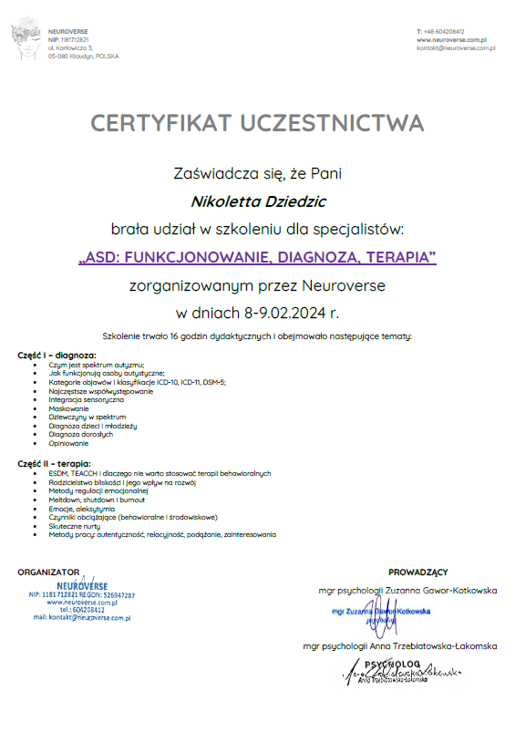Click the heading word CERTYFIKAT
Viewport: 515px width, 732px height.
click(x=159, y=123)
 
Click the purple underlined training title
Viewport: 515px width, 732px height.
click(x=257, y=256)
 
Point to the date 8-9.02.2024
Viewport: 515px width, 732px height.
click(x=289, y=313)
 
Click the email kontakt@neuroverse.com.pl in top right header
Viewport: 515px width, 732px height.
click(x=455, y=49)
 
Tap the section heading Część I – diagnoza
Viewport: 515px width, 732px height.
click(x=57, y=355)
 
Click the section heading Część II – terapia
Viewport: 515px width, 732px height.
click(x=56, y=465)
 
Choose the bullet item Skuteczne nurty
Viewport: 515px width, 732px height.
click(x=75, y=526)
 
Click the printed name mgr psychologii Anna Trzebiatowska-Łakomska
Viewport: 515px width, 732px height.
click(x=400, y=646)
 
